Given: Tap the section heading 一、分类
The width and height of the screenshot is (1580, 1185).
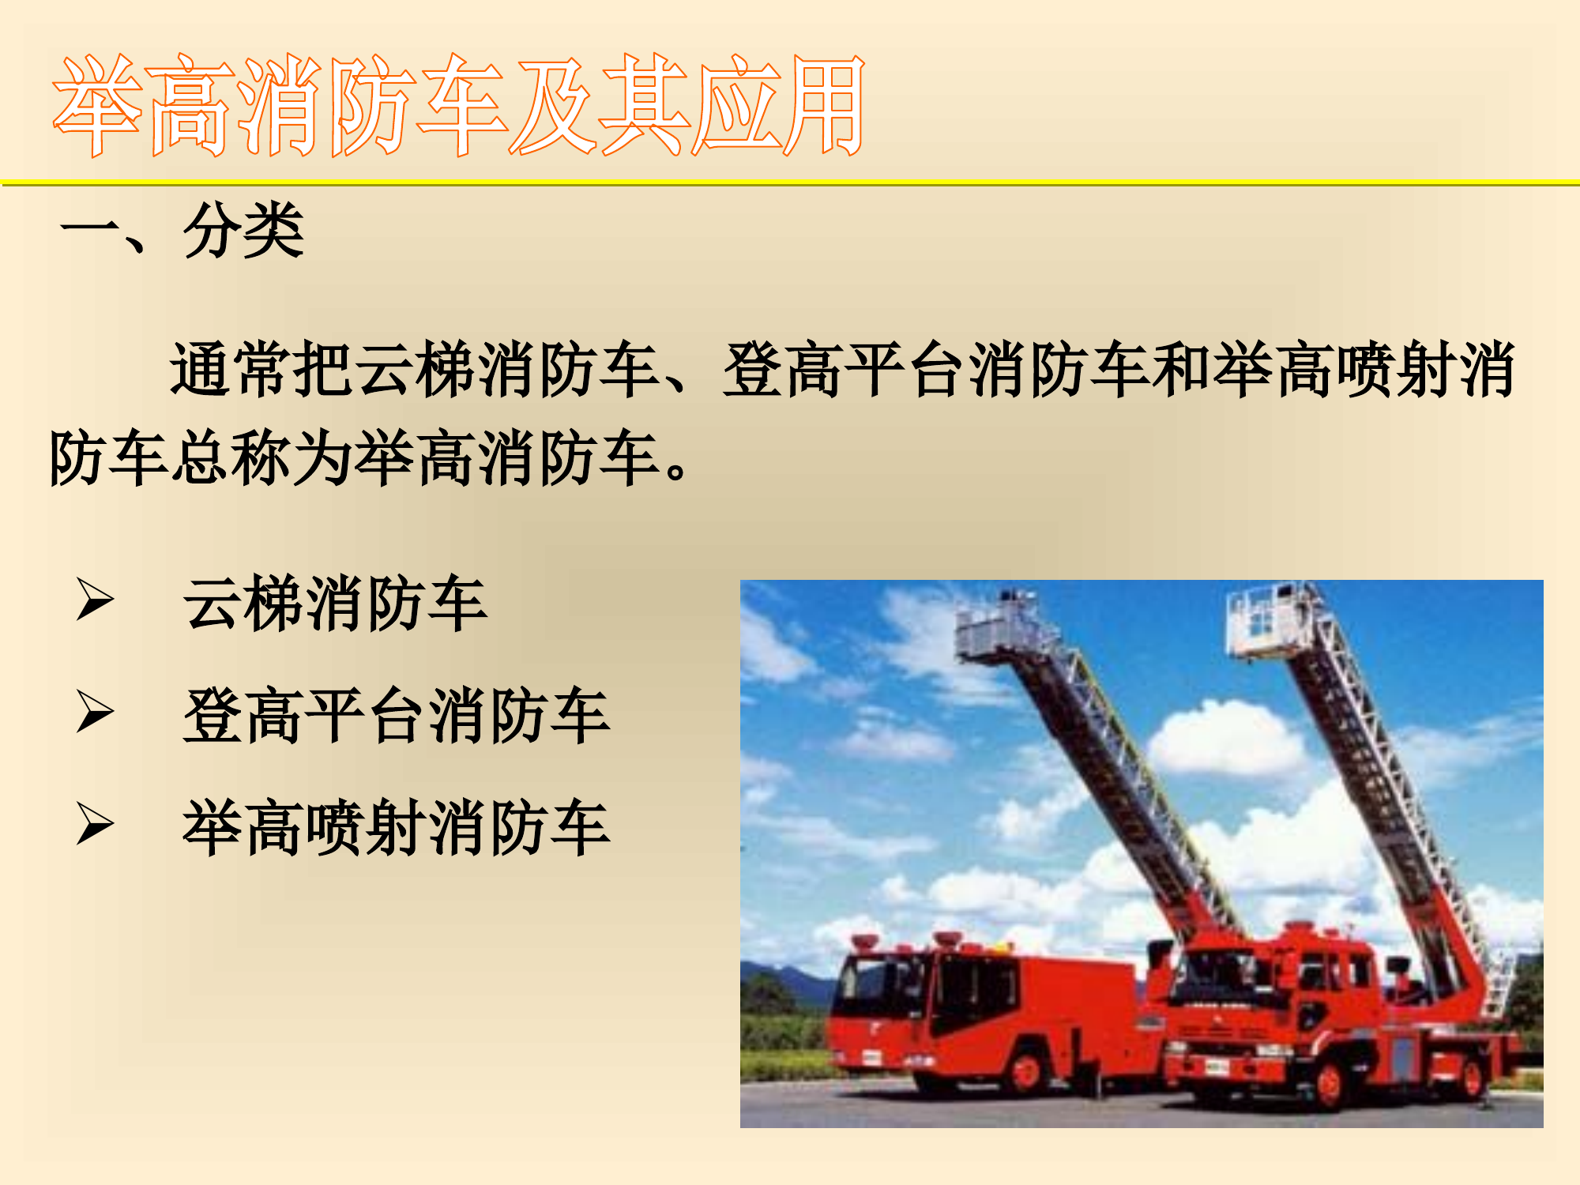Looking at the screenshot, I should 182,230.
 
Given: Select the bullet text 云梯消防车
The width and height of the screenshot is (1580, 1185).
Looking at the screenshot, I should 335,604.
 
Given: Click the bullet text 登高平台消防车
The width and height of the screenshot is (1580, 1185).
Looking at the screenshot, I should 396,716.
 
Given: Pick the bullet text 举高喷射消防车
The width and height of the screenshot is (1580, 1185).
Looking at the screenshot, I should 396,828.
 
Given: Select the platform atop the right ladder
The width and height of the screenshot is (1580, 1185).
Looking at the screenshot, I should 1268,620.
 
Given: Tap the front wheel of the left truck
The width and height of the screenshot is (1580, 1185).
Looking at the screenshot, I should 1026,1070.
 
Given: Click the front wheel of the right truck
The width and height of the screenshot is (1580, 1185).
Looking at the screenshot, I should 1330,1086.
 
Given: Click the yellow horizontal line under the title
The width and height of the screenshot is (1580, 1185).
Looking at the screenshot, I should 790,183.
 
